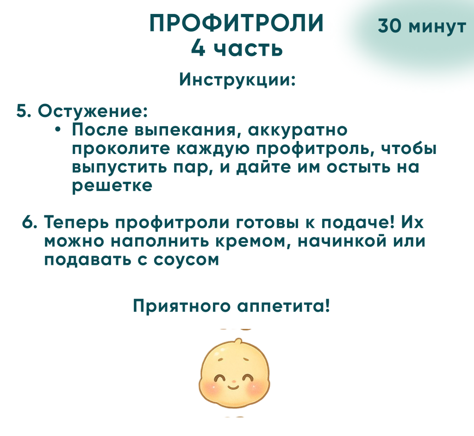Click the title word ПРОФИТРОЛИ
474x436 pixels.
tap(237, 23)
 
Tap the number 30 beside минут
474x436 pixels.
tap(390, 26)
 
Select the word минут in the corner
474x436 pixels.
tap(437, 27)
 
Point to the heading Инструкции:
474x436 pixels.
tap(237, 80)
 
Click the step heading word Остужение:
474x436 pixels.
tap(93, 111)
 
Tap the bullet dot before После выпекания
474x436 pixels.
tap(58, 130)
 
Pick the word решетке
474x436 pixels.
tap(112, 186)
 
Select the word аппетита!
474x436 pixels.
tap(283, 306)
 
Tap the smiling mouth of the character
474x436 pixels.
tap(233, 387)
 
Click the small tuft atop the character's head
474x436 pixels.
tap(239, 342)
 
